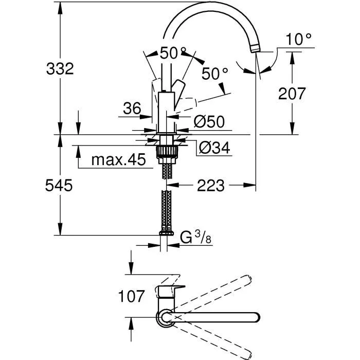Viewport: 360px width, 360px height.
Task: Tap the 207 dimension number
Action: [292, 94]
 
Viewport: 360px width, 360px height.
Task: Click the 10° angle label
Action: [300, 39]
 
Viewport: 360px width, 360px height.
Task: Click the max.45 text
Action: [118, 160]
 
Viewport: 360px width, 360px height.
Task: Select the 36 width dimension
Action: [132, 109]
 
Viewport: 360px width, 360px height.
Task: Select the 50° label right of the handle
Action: [214, 74]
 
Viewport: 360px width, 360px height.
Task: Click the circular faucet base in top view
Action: [166, 318]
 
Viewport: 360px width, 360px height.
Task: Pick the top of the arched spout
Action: [211, 6]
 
